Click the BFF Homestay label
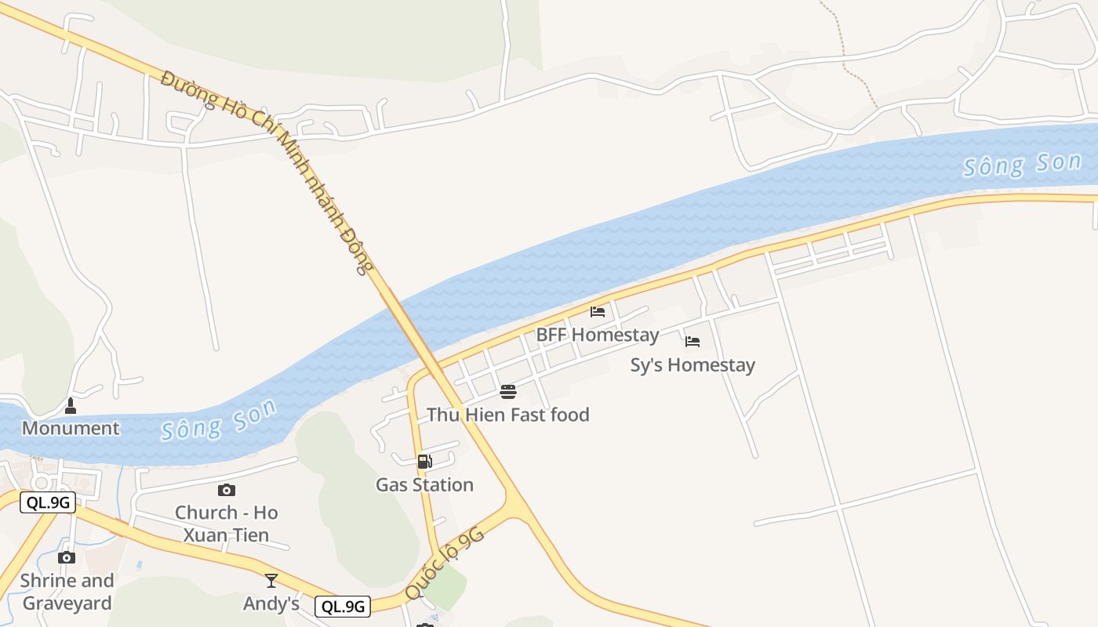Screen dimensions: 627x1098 (597, 335)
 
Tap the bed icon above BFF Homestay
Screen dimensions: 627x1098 (598, 312)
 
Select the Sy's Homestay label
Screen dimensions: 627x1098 (693, 364)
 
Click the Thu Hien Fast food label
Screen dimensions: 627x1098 (507, 415)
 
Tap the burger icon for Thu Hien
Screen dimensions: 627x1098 (508, 391)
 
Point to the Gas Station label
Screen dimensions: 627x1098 (424, 484)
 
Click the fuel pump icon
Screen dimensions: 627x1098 (424, 462)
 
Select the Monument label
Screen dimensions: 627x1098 (71, 428)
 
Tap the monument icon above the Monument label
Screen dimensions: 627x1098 (71, 405)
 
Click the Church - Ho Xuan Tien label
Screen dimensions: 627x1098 (226, 524)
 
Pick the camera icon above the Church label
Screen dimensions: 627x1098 (227, 491)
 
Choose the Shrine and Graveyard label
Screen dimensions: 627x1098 (67, 592)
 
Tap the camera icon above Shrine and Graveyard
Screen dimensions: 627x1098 (67, 557)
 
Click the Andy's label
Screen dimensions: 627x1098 (271, 603)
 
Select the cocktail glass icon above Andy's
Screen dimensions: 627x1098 (271, 581)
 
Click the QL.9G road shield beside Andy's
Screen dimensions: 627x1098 (343, 606)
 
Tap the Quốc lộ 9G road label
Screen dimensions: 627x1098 (445, 563)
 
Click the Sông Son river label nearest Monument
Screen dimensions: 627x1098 (219, 420)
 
